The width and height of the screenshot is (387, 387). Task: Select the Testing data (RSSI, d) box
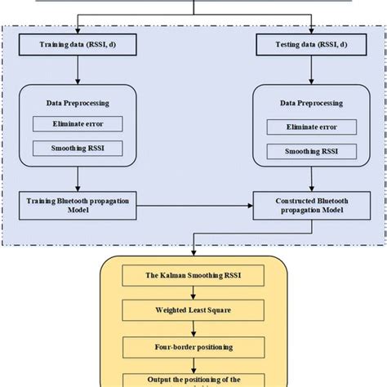pyautogui.click(x=309, y=44)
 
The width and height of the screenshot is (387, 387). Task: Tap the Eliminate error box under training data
pyautogui.click(x=78, y=124)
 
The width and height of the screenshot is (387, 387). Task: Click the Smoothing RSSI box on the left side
pyautogui.click(x=78, y=148)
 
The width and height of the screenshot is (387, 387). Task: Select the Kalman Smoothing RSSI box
pyautogui.click(x=193, y=276)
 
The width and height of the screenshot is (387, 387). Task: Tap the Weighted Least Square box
pyautogui.click(x=193, y=311)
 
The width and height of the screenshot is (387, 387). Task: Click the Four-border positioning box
pyautogui.click(x=193, y=346)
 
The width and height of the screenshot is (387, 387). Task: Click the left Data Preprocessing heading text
pyautogui.click(x=78, y=104)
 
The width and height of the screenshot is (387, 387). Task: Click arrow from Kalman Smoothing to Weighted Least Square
pyautogui.click(x=193, y=293)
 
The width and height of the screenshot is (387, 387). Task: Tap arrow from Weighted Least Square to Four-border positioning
pyautogui.click(x=193, y=328)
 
